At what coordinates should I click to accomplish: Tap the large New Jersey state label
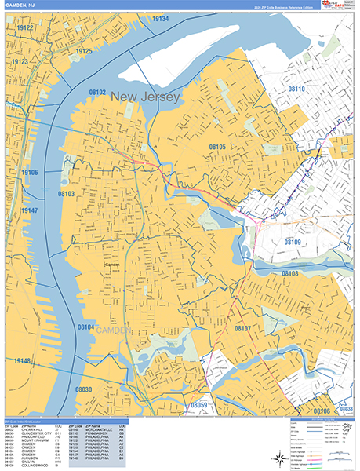[146, 97]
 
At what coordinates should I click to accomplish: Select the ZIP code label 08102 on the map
[98, 92]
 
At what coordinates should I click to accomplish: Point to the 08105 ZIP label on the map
[217, 147]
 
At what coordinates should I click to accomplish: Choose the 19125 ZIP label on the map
[84, 51]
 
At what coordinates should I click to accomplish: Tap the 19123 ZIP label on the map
[20, 61]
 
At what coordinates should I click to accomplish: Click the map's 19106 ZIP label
[30, 172]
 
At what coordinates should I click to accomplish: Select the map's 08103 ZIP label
[67, 192]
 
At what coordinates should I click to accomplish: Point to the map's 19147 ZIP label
[30, 210]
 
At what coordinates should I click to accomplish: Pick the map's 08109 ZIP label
[293, 243]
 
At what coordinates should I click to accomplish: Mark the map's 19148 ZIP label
[23, 361]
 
